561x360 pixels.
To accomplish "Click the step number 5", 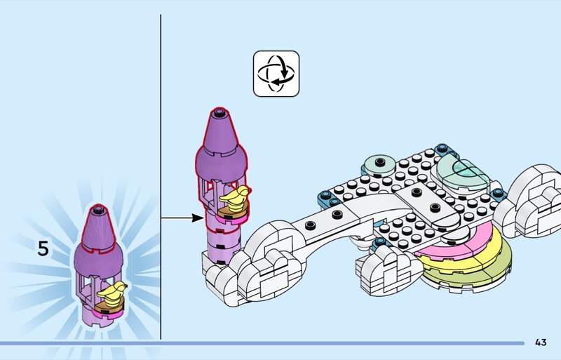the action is click(x=43, y=248).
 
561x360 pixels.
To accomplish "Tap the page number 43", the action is click(x=541, y=342).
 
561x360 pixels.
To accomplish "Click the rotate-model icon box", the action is click(x=276, y=74).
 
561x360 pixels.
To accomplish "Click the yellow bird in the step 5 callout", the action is click(x=112, y=291).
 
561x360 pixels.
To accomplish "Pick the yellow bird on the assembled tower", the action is click(x=235, y=197).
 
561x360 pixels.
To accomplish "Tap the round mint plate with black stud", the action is click(x=379, y=166).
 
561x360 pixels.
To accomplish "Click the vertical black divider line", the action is click(x=161, y=177).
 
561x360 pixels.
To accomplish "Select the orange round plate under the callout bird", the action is click(x=110, y=305).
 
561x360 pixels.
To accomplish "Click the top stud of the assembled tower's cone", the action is click(x=219, y=112).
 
